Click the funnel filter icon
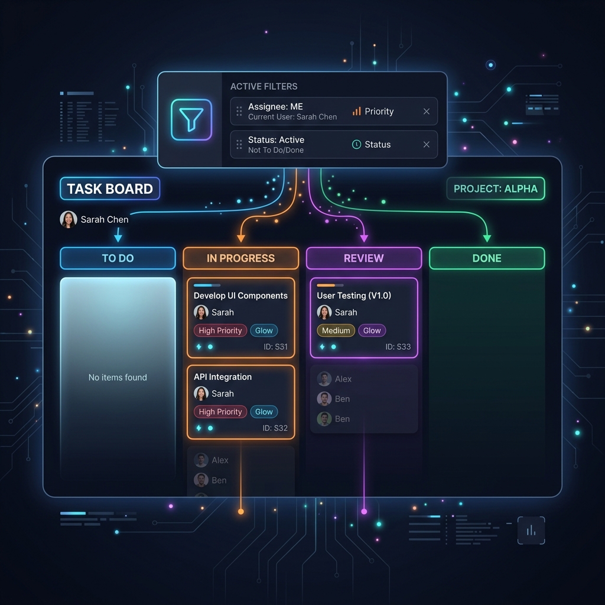191,119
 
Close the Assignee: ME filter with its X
427,112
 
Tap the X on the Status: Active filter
427,145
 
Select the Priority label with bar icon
373,112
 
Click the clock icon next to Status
356,145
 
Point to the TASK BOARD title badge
110,188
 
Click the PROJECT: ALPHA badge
496,188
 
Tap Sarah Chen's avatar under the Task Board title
69,220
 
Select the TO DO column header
118,258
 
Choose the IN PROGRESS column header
241,258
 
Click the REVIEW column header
364,258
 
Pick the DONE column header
487,258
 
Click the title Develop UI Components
240,295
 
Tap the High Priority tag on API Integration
220,412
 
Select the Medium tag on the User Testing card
336,331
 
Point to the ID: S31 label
275,347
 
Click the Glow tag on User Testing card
372,331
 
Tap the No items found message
118,378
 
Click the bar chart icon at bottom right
531,531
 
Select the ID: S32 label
275,428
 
